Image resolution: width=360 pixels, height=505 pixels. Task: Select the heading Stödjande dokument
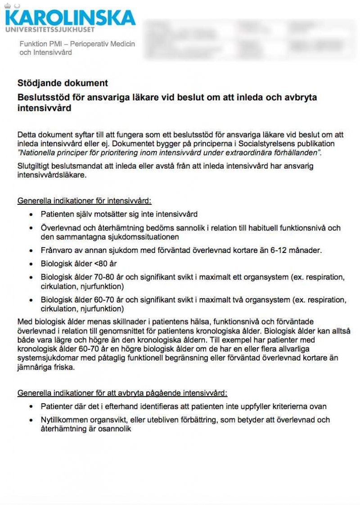63,83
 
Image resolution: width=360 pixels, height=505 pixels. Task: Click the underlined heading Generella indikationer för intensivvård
87,200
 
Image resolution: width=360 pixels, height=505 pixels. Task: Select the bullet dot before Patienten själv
31,214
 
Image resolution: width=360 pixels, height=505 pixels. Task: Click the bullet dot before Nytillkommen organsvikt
31,420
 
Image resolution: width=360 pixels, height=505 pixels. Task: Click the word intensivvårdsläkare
51,175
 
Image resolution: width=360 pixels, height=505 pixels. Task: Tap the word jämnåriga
35,367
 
